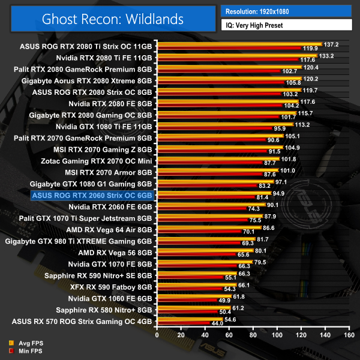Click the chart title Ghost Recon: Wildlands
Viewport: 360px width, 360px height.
(x=112, y=19)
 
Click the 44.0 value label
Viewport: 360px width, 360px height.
(x=217, y=324)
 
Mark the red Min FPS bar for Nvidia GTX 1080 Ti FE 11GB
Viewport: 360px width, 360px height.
(x=215, y=128)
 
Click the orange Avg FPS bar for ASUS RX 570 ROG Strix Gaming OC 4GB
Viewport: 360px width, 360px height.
(x=190, y=320)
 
